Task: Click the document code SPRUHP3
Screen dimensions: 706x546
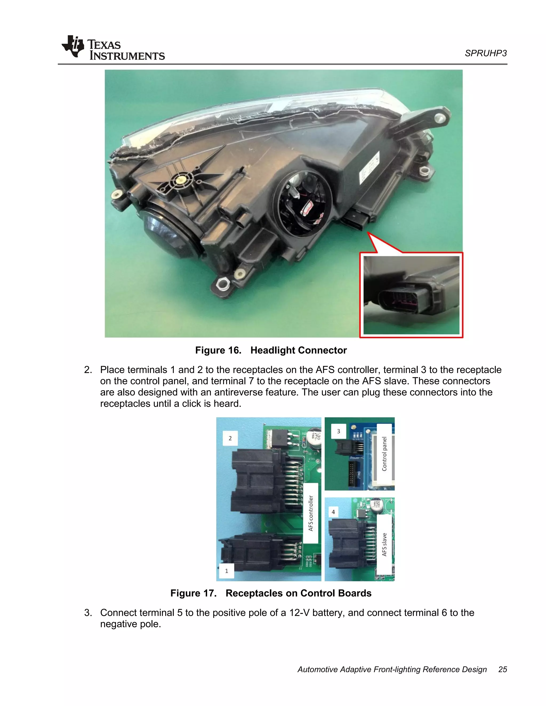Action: [x=485, y=53]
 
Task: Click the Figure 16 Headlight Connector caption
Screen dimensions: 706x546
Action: [x=271, y=350]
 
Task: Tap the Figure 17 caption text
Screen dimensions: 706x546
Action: [x=271, y=593]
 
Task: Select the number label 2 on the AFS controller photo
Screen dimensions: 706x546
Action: [x=230, y=438]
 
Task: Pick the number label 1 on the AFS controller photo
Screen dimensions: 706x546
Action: [x=226, y=571]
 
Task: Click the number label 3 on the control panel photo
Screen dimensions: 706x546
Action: [x=338, y=431]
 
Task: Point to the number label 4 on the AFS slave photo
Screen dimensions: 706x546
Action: [x=333, y=512]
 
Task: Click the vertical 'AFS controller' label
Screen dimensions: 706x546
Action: [x=311, y=513]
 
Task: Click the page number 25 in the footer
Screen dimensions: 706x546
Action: [x=502, y=670]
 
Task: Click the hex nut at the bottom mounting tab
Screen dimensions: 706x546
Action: [x=223, y=284]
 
